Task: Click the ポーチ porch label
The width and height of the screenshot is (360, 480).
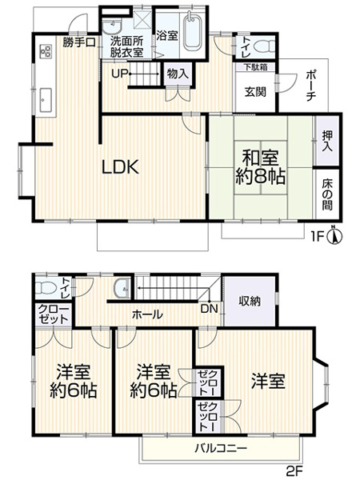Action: tap(310, 88)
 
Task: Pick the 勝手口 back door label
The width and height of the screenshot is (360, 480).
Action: tap(80, 42)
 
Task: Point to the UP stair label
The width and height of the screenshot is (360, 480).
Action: tap(119, 74)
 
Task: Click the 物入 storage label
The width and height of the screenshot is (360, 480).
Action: tap(178, 74)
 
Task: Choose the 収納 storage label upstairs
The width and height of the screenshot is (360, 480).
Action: tap(250, 302)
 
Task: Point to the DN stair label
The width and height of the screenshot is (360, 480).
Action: tap(208, 309)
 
